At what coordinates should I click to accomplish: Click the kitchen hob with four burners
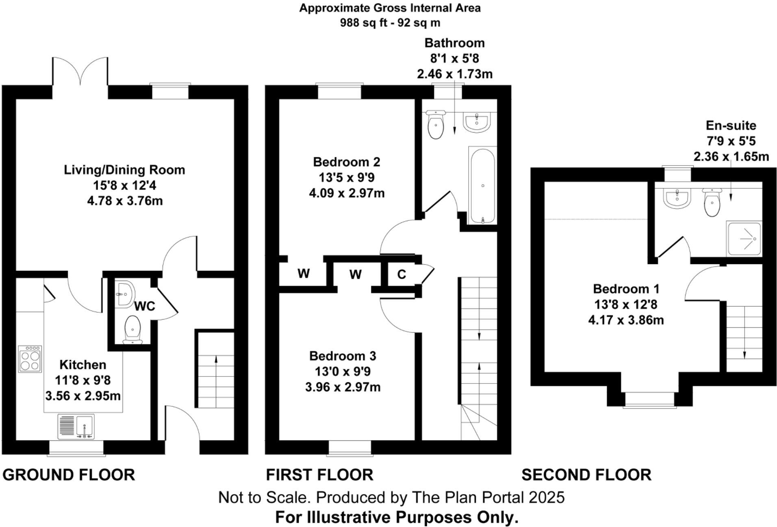click(x=30, y=359)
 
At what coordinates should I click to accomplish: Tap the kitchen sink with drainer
click(x=76, y=426)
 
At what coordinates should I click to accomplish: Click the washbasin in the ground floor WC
click(x=124, y=293)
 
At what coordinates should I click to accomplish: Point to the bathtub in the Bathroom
click(x=482, y=185)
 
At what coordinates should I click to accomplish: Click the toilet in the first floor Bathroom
click(x=436, y=125)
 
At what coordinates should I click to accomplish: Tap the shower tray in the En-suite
click(x=744, y=239)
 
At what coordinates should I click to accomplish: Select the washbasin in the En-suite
click(x=677, y=198)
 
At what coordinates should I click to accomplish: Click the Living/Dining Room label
click(x=124, y=170)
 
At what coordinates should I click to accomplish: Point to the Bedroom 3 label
click(x=343, y=356)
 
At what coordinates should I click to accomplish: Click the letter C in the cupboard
click(x=402, y=274)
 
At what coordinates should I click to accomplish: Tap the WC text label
click(x=144, y=306)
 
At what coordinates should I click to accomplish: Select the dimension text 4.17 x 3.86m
click(x=626, y=320)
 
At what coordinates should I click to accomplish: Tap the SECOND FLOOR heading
click(x=586, y=475)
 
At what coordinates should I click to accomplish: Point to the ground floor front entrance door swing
click(x=183, y=423)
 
